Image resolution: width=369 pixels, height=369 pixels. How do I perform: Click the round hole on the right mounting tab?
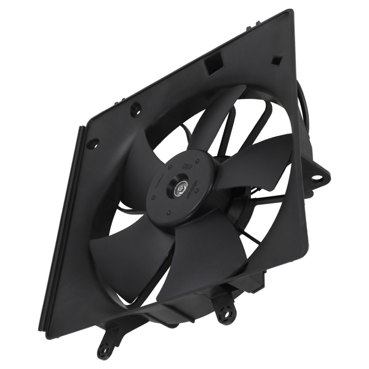pyautogui.click(x=317, y=178)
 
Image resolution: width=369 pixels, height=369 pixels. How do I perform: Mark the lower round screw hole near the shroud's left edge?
pyautogui.click(x=92, y=143)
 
